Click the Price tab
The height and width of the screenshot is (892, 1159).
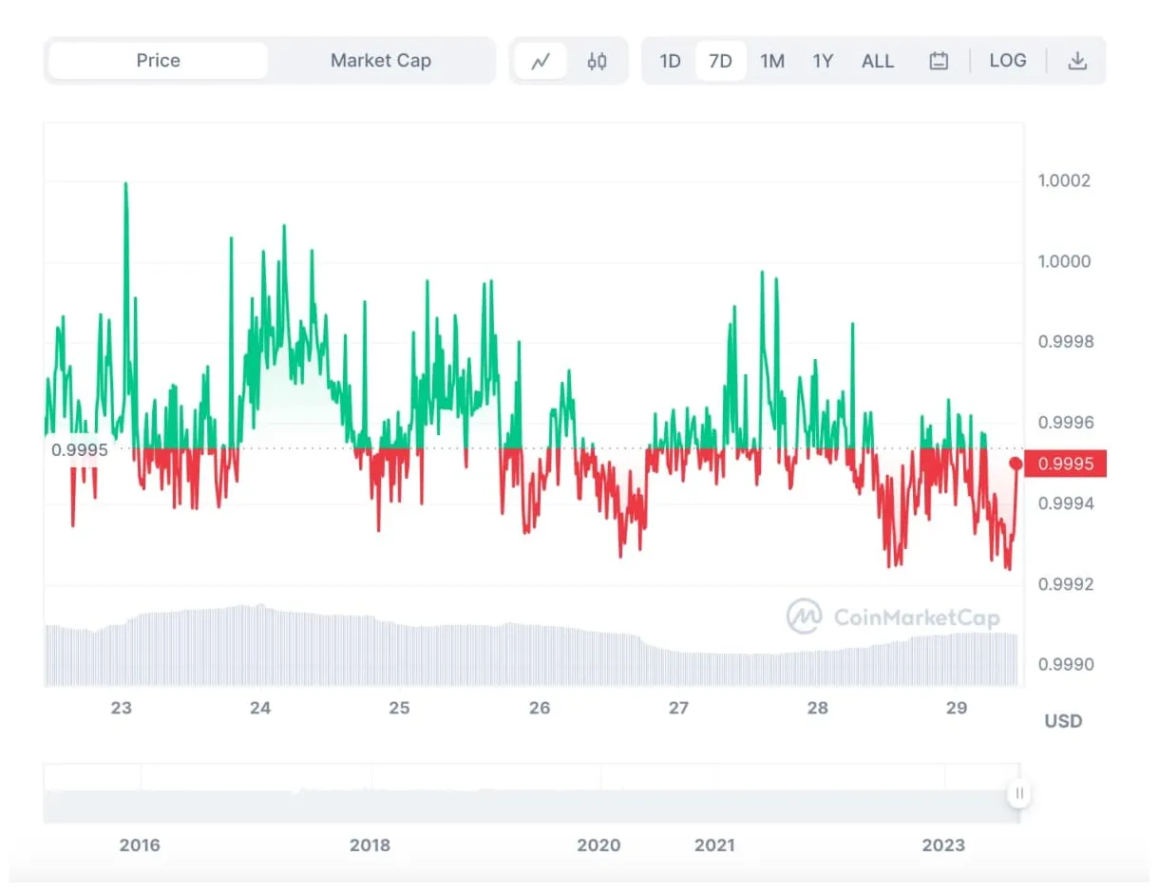[x=158, y=61]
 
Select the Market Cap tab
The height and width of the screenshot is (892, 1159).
[x=380, y=61]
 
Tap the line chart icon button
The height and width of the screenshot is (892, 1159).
[x=541, y=62]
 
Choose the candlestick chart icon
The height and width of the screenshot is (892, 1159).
[x=597, y=62]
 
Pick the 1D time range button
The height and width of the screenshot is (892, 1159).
[x=670, y=61]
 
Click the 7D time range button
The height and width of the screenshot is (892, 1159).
[x=720, y=61]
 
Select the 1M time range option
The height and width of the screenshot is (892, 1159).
[x=771, y=61]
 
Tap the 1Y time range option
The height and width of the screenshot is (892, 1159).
[x=823, y=61]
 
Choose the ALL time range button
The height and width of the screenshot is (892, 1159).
[x=877, y=61]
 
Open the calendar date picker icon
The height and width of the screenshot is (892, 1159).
[x=939, y=61]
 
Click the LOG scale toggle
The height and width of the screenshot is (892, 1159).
[x=1007, y=61]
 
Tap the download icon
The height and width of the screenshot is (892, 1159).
[x=1076, y=61]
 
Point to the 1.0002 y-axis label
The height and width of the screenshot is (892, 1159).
[x=1065, y=180]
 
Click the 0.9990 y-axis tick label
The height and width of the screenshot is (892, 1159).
[x=1065, y=664]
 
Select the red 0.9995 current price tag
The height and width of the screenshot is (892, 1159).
[x=1066, y=464]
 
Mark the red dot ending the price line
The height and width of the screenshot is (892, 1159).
[x=1016, y=464]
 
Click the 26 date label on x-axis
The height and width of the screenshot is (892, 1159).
[x=540, y=708]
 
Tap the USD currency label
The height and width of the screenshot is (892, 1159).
[x=1063, y=721]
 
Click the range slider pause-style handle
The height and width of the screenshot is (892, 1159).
[x=1018, y=793]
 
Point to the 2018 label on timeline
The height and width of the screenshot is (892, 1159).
[x=370, y=845]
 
